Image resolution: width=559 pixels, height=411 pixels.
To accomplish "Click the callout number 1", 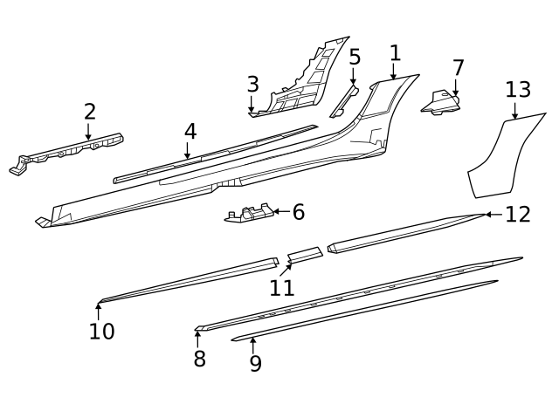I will click(x=395, y=53).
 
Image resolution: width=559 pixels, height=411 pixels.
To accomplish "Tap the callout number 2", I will click(x=89, y=112).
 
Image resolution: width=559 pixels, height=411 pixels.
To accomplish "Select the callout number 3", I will click(x=252, y=85).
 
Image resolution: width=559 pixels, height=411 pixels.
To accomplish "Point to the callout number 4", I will click(x=190, y=132).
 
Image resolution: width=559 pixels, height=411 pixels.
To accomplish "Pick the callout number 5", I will click(x=354, y=58).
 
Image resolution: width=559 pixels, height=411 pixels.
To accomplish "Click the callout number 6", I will click(x=298, y=212).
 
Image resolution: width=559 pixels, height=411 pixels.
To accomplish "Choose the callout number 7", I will click(x=458, y=68).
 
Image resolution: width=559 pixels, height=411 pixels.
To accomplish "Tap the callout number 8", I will click(x=199, y=358).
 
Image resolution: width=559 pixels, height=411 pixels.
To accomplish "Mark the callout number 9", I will click(x=255, y=364).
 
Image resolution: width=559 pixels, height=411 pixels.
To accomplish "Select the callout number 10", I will click(x=101, y=332).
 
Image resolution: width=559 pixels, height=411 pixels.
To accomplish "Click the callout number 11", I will click(x=281, y=287).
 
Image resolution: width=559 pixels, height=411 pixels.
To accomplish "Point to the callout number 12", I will click(x=518, y=215).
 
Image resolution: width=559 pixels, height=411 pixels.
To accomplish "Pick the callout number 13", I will click(x=517, y=90).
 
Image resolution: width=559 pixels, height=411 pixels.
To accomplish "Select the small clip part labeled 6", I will click(x=249, y=215).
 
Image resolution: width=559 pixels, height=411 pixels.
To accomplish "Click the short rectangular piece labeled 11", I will click(x=304, y=255).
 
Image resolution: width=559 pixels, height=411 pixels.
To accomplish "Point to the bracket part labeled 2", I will click(x=70, y=151).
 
